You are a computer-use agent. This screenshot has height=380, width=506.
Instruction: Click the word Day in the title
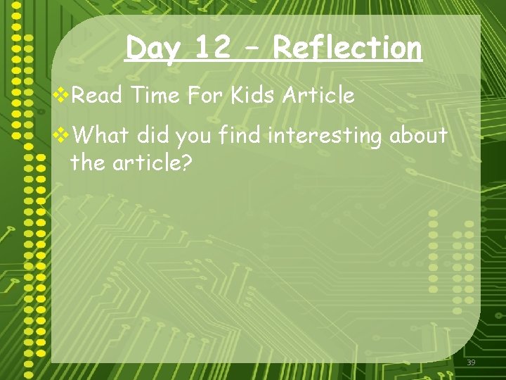153,49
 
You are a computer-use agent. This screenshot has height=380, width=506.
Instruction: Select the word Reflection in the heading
347,48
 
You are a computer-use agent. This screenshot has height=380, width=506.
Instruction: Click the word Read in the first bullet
94,95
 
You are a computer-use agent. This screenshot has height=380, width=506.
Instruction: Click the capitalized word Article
318,95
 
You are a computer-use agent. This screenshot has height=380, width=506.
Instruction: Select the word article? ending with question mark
149,163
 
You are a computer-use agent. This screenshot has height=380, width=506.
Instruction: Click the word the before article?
86,163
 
